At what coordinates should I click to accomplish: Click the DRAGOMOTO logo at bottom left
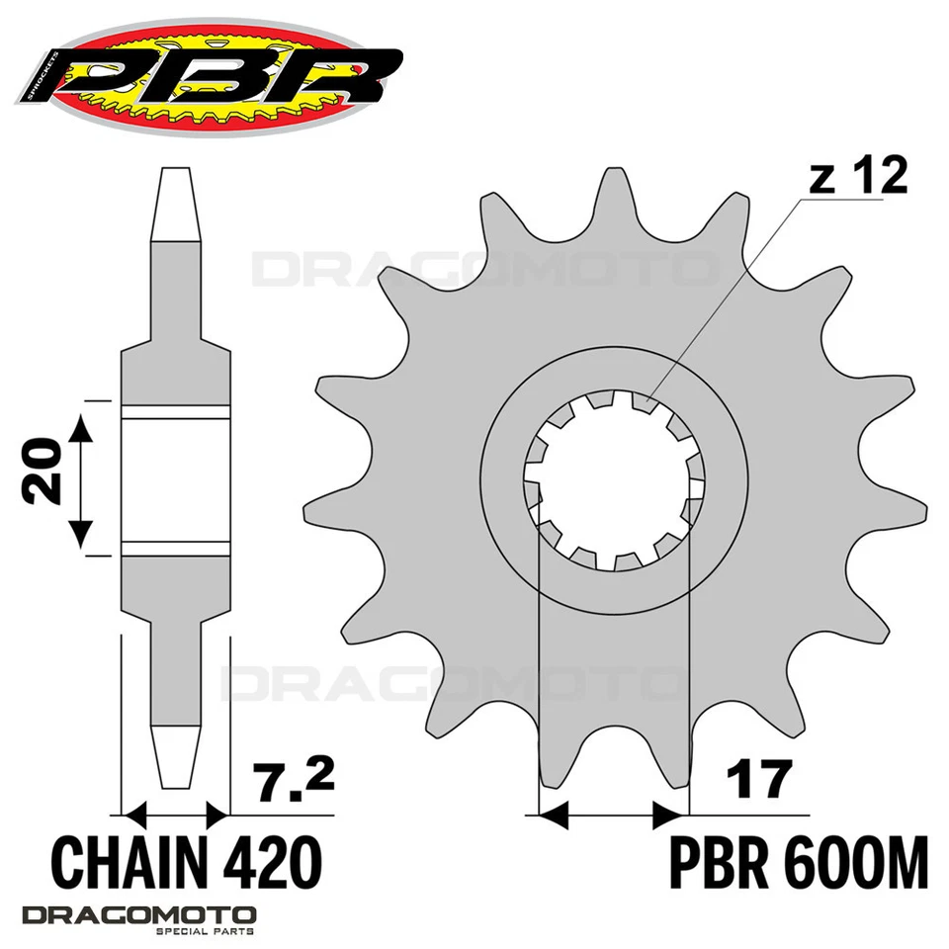138,915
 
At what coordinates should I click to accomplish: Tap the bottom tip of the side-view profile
176,781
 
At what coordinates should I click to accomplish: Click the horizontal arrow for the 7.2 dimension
175,815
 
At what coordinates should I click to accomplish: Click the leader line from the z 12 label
722,297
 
